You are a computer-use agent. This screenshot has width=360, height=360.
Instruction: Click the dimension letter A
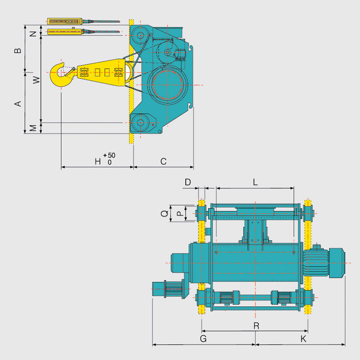pyautogui.click(x=18, y=104)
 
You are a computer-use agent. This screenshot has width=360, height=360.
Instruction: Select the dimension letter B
pyautogui.click(x=18, y=50)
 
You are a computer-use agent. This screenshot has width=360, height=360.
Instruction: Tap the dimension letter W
pyautogui.click(x=36, y=80)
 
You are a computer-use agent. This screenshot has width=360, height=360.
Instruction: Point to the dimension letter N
pyautogui.click(x=34, y=34)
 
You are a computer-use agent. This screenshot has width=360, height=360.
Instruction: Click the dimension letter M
pyautogui.click(x=34, y=128)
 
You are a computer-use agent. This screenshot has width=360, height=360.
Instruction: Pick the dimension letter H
pyautogui.click(x=98, y=161)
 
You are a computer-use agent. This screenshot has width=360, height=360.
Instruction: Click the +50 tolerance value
pyautogui.click(x=109, y=156)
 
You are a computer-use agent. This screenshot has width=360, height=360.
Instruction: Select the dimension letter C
pyautogui.click(x=163, y=161)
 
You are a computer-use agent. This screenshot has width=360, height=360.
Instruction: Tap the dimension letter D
pyautogui.click(x=188, y=182)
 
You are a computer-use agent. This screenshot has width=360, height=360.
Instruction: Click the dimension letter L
pyautogui.click(x=255, y=182)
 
